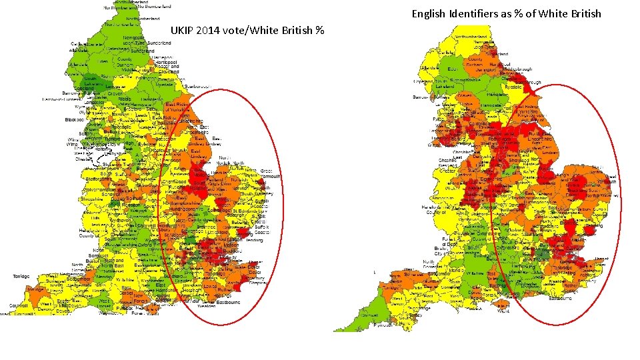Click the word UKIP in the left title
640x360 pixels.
183,31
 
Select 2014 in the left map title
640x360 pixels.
212,31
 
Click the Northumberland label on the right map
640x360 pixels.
474,36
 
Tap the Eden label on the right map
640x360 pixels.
451,69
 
